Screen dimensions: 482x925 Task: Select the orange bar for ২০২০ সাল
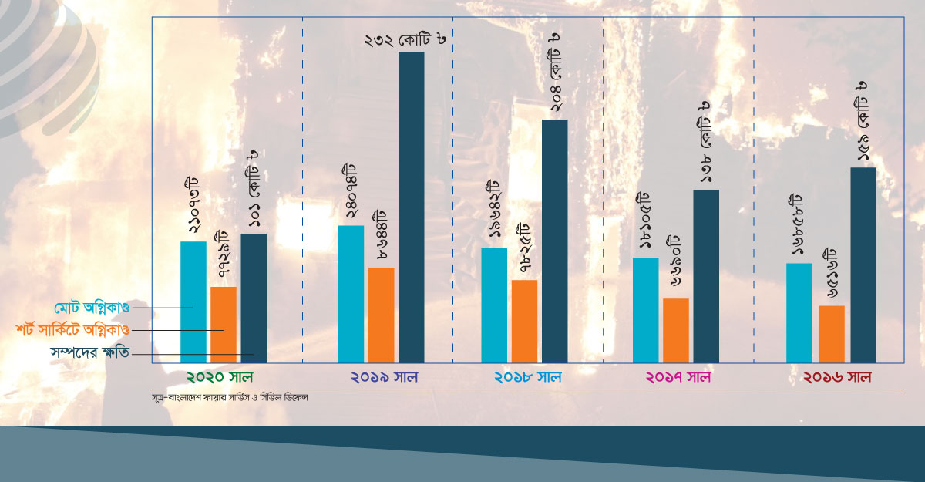click(224, 324)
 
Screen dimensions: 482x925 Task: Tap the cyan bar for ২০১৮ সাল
click(494, 305)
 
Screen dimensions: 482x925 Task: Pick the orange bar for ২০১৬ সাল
click(832, 334)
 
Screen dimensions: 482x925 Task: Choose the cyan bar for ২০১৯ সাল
click(351, 293)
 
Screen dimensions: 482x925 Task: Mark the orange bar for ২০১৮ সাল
click(524, 321)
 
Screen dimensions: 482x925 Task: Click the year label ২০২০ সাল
click(220, 378)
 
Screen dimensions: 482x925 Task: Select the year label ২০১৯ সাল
click(383, 378)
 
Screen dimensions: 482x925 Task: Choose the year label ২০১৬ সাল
click(837, 378)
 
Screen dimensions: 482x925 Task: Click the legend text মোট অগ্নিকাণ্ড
click(92, 307)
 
